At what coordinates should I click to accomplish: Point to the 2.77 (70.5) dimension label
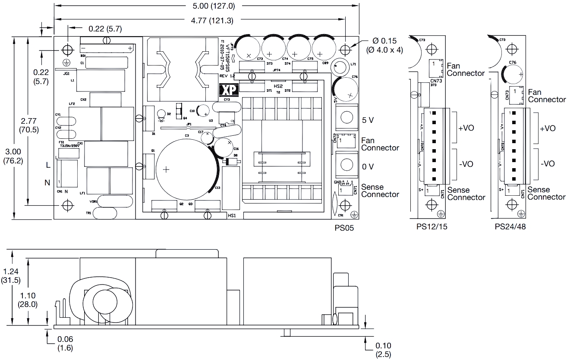point(28,123)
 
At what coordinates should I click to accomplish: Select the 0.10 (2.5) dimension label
point(383,350)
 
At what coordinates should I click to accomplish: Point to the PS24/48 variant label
point(510,226)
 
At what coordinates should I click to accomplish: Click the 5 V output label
point(368,120)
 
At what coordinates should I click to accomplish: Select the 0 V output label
point(368,166)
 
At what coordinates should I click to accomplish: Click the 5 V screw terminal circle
point(346,116)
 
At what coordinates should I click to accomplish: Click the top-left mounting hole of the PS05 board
point(67,48)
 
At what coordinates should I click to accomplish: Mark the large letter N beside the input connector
point(47,183)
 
